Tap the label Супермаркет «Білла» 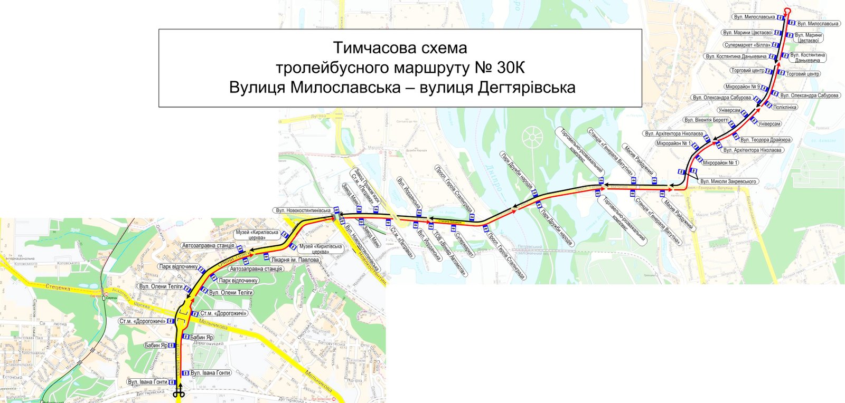coord(747,45)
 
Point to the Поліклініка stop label coord(785,107)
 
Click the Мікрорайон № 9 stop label coord(743,87)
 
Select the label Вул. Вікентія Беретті coord(706,120)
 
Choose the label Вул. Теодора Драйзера coord(765,140)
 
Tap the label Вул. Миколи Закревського coord(728,181)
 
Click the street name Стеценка coord(58,288)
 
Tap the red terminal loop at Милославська coord(787,12)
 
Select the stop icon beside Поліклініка coord(768,106)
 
